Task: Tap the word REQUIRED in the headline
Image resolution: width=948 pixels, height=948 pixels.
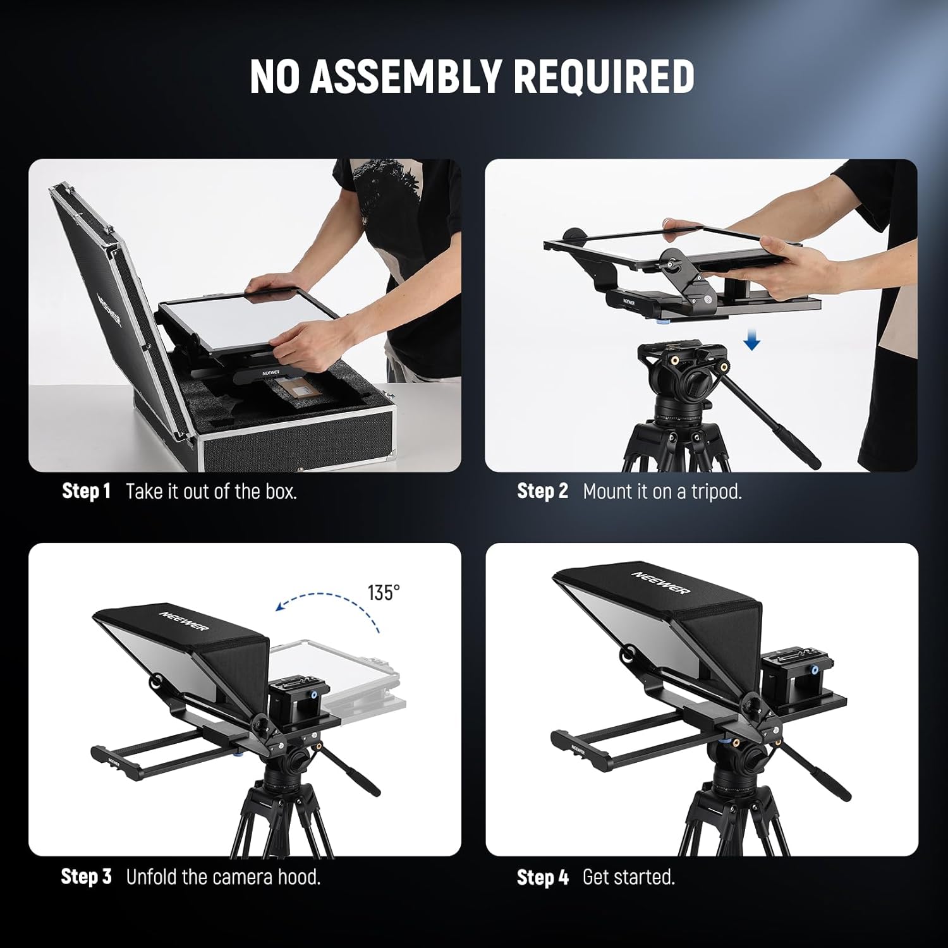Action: point(604,76)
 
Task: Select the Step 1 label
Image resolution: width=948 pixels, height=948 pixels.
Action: point(87,491)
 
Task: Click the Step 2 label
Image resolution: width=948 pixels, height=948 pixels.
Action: point(542,491)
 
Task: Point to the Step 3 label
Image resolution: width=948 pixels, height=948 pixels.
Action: point(86,877)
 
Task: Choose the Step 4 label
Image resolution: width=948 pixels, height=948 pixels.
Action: point(542,877)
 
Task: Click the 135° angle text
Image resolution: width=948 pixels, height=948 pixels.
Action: point(384,593)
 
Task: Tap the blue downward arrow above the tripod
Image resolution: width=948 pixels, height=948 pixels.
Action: point(751,341)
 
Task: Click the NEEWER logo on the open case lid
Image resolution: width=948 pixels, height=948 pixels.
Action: point(109,308)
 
